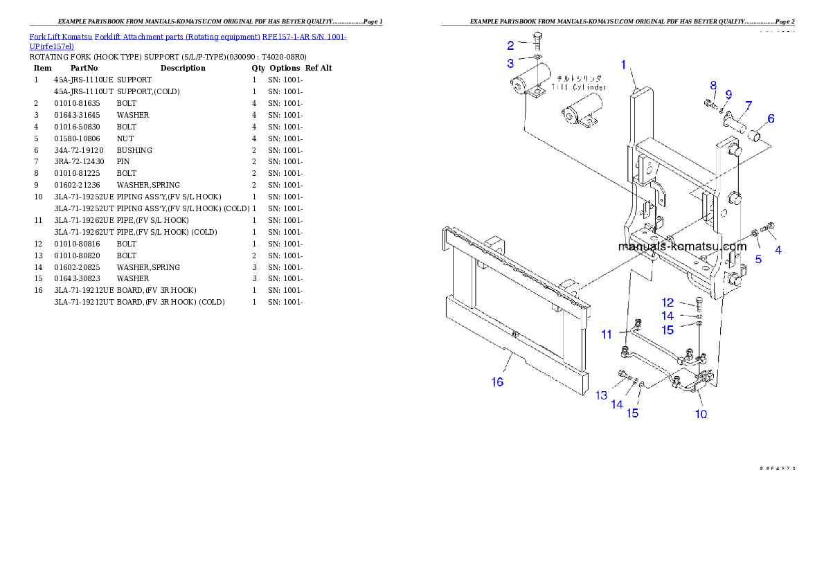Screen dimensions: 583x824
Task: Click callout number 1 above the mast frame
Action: [623, 65]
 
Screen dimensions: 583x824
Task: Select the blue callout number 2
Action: [510, 46]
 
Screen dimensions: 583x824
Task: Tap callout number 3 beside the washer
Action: [510, 63]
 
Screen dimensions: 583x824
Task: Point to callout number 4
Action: [778, 251]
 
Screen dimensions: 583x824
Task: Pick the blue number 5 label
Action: [758, 259]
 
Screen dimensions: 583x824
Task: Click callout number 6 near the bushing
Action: [771, 119]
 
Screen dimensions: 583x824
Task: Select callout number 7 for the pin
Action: [748, 105]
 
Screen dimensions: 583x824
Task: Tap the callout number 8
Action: [713, 85]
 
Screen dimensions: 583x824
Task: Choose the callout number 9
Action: [728, 94]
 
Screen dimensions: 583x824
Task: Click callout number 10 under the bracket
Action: [701, 414]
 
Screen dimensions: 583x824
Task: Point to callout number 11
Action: [607, 334]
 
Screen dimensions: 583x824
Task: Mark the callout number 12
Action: [668, 303]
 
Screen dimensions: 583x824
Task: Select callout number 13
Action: [601, 395]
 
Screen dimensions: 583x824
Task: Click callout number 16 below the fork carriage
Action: [497, 382]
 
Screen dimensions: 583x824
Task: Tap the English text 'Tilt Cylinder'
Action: [579, 87]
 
